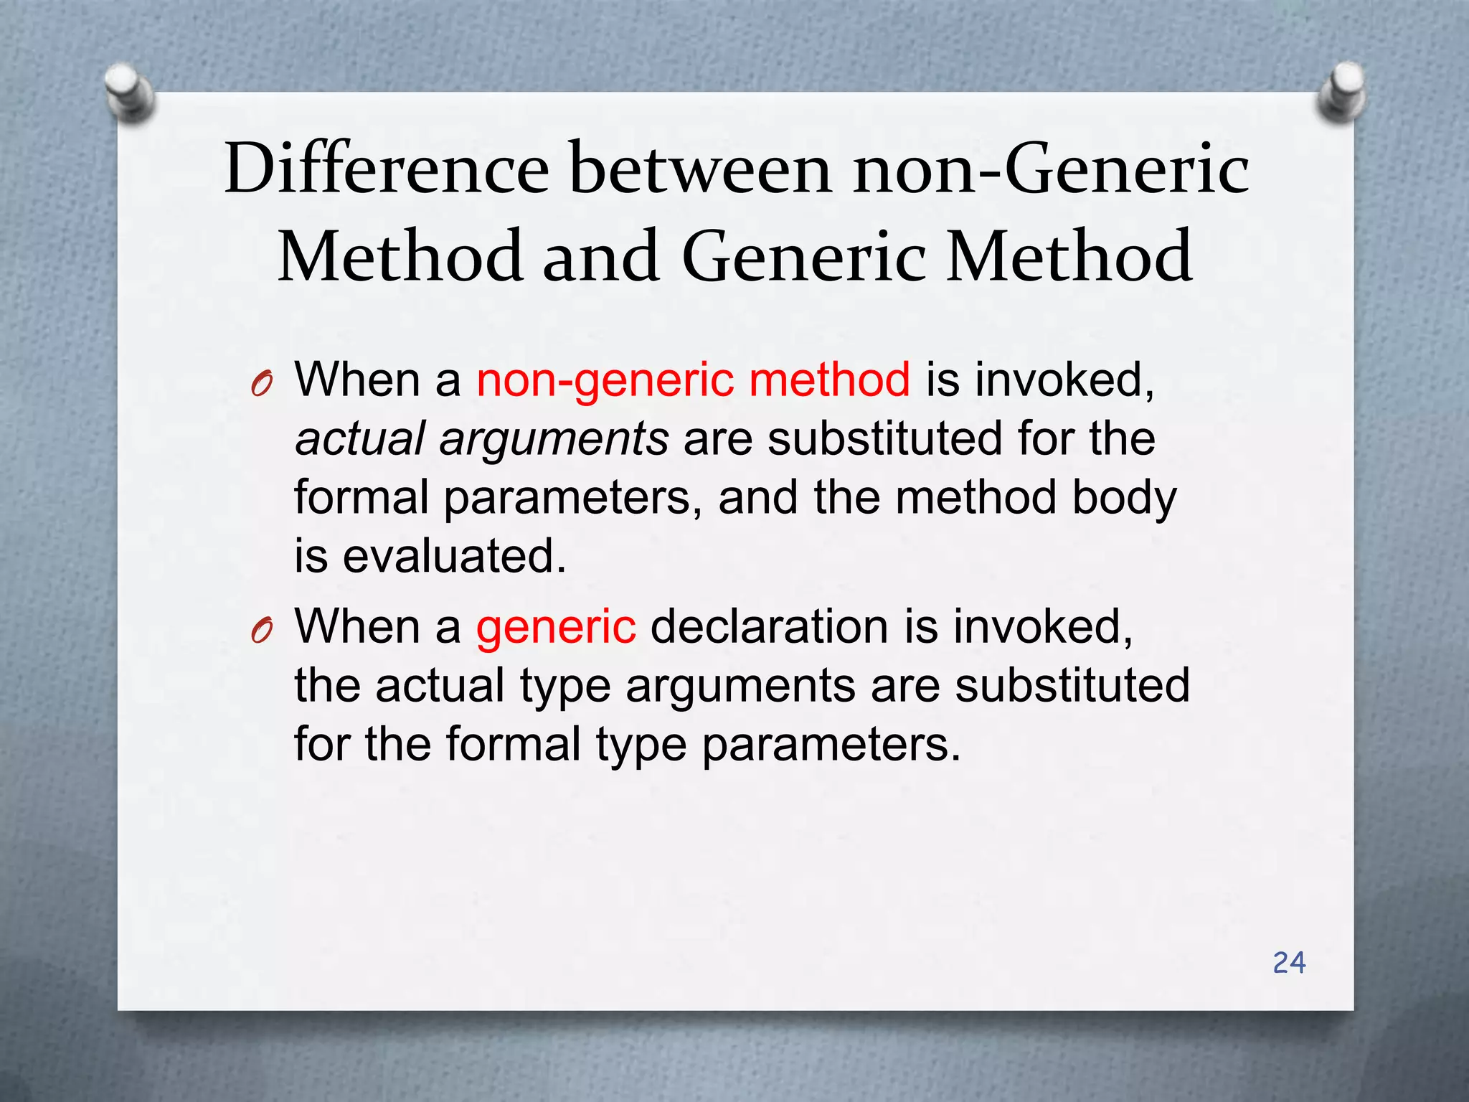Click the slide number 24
tap(1289, 963)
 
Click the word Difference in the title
tap(386, 169)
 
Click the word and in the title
tap(600, 256)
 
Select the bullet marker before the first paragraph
tap(262, 385)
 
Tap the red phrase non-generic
tap(605, 380)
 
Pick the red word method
tap(829, 380)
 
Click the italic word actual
tap(360, 438)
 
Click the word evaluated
tap(454, 556)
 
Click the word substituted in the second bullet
tap(1072, 685)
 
